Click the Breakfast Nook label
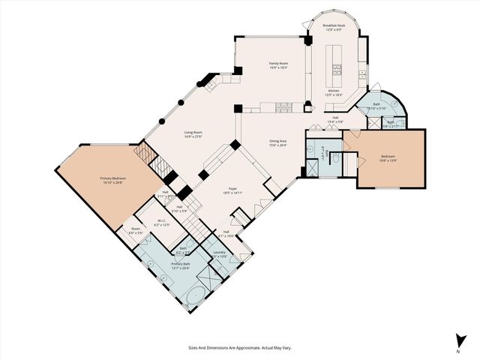[x=334, y=25]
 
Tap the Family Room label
[x=279, y=64]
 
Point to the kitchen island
[x=334, y=64]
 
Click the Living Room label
[x=194, y=133]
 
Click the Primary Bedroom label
[x=112, y=178]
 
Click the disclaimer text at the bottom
[x=239, y=348]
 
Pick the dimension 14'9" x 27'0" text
[x=194, y=137]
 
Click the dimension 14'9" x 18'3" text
[x=279, y=68]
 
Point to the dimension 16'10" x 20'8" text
[x=112, y=183]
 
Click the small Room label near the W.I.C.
[x=136, y=229]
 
